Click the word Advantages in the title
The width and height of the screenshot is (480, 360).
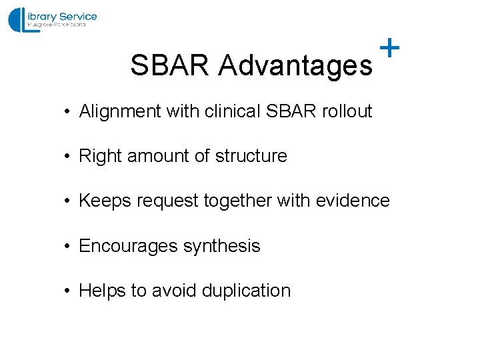click(295, 65)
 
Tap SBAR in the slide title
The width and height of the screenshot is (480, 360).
click(171, 65)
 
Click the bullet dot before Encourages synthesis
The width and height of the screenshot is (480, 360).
click(68, 247)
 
